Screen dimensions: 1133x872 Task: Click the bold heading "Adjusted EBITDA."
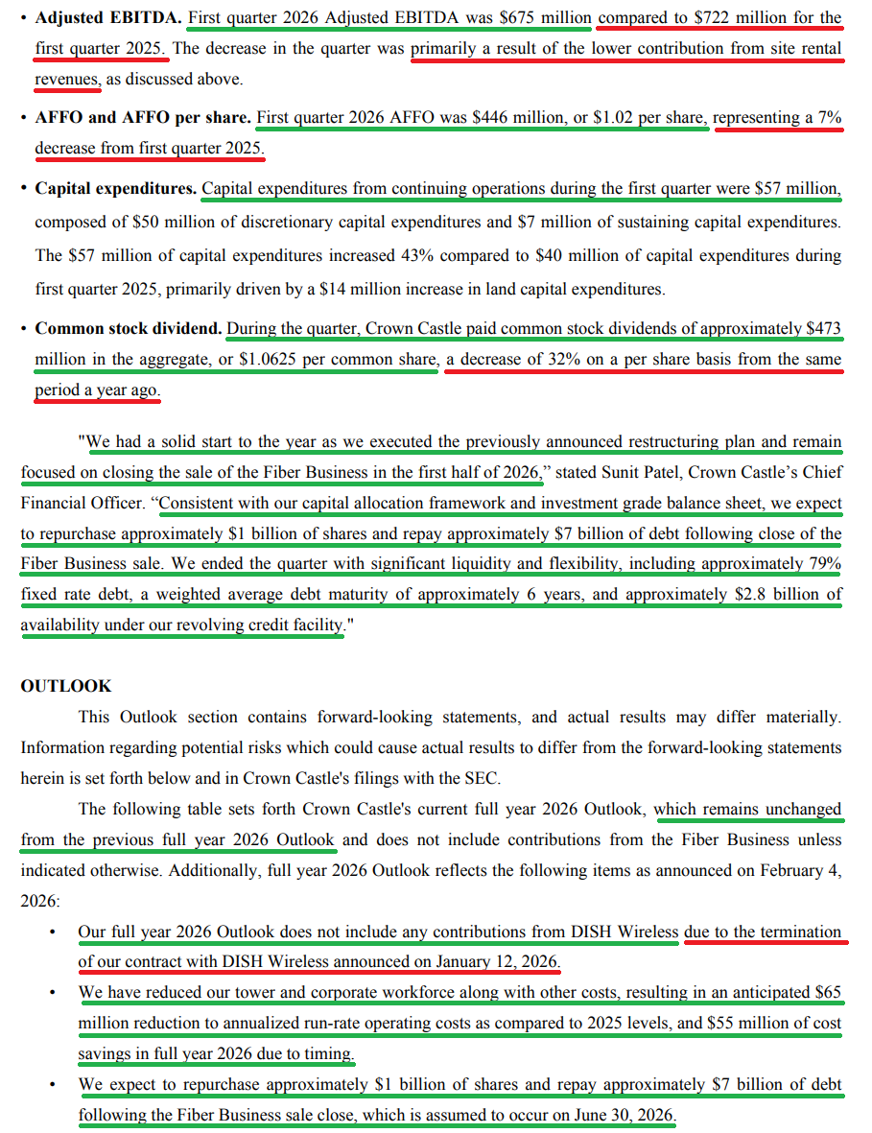[x=107, y=17]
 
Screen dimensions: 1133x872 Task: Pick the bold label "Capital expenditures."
[x=115, y=188]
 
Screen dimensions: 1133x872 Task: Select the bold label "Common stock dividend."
[x=128, y=328]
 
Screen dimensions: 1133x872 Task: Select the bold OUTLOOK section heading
[x=65, y=686]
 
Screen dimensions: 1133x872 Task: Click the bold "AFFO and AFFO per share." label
[x=143, y=117]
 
